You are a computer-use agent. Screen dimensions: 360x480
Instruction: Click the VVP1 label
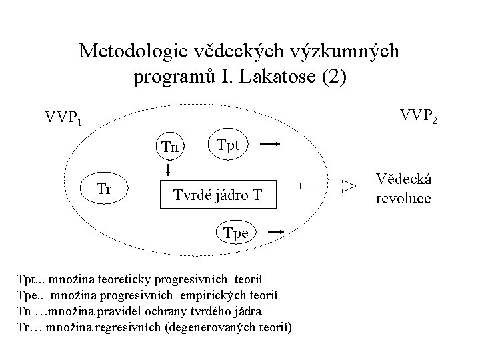(x=63, y=119)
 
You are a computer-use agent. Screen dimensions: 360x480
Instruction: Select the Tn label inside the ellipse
(x=171, y=147)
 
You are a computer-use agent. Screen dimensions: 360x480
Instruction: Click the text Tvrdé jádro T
(x=217, y=195)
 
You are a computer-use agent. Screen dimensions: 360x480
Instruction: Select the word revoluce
(x=403, y=199)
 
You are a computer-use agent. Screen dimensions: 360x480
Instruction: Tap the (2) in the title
(x=333, y=76)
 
